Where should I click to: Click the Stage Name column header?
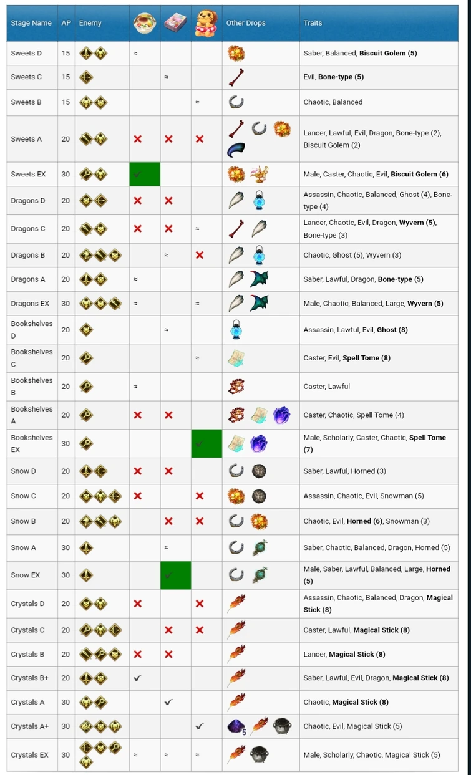[x=31, y=23]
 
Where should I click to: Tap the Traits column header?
[x=313, y=23]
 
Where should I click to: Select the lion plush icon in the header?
[x=206, y=23]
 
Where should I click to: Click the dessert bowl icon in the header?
[x=144, y=23]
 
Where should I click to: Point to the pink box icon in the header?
[x=175, y=23]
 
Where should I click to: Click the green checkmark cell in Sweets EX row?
[x=144, y=174]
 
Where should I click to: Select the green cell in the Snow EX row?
[x=175, y=575]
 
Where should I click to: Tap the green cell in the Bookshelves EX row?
[x=206, y=443]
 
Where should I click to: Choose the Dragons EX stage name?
[x=30, y=304]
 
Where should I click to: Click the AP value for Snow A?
[x=66, y=547]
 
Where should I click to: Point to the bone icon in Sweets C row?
[x=236, y=77]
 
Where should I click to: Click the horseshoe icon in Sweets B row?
[x=236, y=102]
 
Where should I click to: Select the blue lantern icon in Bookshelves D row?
[x=236, y=330]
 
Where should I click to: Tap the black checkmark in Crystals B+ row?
[x=138, y=678]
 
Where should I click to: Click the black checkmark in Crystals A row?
[x=168, y=702]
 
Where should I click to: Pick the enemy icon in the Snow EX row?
[x=86, y=575]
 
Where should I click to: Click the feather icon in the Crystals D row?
[x=236, y=603]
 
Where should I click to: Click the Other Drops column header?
[x=246, y=23]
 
